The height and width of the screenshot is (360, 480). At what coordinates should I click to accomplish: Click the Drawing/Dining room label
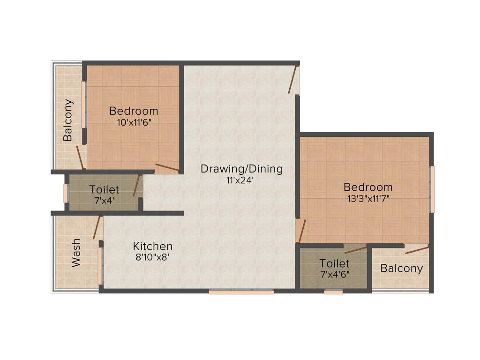tap(241, 169)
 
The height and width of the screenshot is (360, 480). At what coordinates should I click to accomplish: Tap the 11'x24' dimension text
tap(241, 180)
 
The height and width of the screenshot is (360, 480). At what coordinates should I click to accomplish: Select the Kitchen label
tap(153, 246)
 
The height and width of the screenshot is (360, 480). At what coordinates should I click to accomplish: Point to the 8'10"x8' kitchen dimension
tap(153, 257)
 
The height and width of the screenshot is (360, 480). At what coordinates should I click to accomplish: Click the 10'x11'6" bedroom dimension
tap(134, 122)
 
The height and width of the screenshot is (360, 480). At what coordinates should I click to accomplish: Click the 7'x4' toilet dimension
tap(104, 201)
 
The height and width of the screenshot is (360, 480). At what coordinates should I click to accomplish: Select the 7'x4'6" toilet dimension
tap(334, 274)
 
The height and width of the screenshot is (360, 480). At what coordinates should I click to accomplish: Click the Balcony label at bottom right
tap(401, 269)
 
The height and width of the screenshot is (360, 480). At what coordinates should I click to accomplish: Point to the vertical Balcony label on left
tap(68, 120)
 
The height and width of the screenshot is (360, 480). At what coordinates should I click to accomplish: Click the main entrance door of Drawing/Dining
tap(293, 80)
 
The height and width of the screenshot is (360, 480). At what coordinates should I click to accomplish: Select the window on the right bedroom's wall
tap(432, 189)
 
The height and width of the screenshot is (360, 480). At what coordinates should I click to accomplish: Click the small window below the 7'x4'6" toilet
tap(333, 292)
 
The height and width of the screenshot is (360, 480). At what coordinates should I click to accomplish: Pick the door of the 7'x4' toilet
tap(137, 186)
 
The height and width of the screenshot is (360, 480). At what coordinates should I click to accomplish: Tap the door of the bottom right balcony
tap(417, 249)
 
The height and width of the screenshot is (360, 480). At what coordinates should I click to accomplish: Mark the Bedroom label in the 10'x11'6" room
tap(134, 111)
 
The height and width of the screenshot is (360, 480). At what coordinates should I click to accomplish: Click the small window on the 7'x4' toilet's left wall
tap(66, 193)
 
